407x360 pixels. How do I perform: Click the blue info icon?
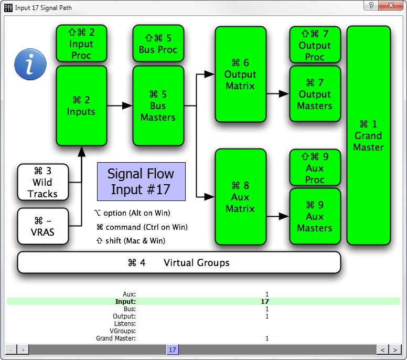tap(30, 64)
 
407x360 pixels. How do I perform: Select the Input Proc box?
tap(81, 44)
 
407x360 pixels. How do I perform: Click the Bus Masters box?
tap(158, 105)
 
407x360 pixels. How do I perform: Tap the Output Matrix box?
tap(240, 75)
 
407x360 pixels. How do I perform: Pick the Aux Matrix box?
tap(240, 197)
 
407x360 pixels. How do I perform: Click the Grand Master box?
tap(368, 135)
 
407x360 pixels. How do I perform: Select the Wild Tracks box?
tap(43, 183)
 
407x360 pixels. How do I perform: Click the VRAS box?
tap(43, 226)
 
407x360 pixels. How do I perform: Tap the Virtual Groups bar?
tap(179, 262)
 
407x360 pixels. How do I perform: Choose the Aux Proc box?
tap(315, 168)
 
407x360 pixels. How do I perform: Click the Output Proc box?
tap(315, 45)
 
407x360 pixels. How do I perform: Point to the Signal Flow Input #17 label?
tap(141, 181)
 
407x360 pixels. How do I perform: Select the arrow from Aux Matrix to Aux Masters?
tap(278, 216)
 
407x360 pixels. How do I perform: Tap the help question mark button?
tap(371, 5)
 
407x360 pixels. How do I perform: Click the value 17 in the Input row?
tap(265, 302)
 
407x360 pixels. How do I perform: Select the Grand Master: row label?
tap(116, 338)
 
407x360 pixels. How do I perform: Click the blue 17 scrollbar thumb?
tap(173, 350)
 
